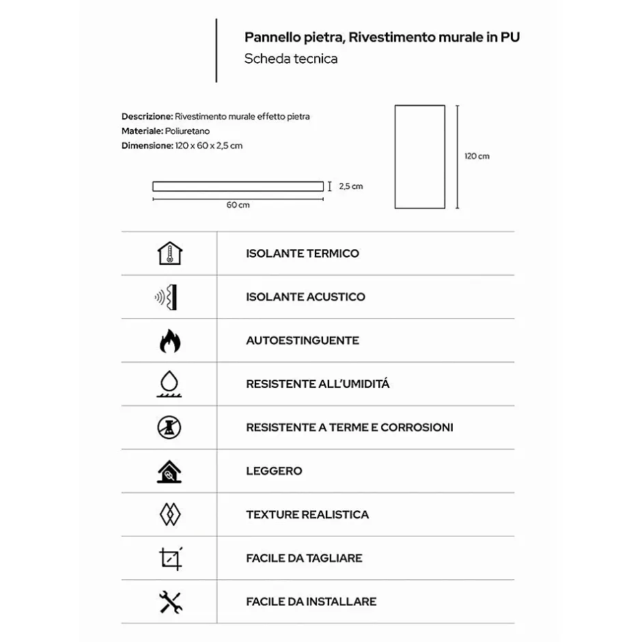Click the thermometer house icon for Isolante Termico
[169, 253]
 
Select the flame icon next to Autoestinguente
[169, 340]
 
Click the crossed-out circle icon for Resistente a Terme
[169, 428]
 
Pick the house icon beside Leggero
[169, 471]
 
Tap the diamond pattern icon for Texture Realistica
[169, 514]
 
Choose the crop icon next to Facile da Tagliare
[170, 558]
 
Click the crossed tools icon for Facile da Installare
[169, 602]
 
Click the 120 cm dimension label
[477, 156]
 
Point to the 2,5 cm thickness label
[351, 186]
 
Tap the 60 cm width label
[238, 206]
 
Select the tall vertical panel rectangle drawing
[420, 156]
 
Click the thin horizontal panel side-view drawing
[238, 186]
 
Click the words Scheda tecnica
[291, 59]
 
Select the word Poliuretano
[187, 131]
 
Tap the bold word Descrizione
[147, 117]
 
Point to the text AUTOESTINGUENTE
[303, 340]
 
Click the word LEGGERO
[274, 471]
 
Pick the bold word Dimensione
[146, 145]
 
